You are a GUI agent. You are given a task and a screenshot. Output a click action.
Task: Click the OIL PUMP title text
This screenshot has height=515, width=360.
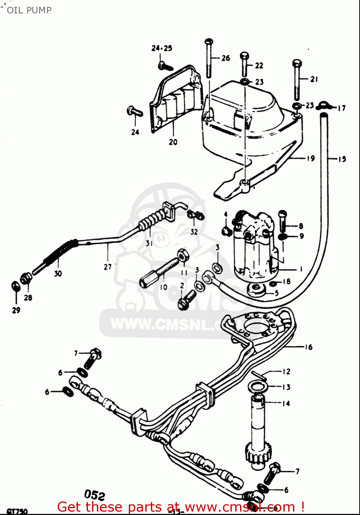pyautogui.click(x=29, y=10)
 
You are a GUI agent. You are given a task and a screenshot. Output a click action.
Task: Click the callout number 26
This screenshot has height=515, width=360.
pyautogui.click(x=226, y=58)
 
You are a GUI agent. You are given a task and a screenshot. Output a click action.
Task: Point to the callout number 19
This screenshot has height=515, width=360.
pyautogui.click(x=311, y=158)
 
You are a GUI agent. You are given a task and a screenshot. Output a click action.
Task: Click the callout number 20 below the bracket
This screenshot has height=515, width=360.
pyautogui.click(x=173, y=142)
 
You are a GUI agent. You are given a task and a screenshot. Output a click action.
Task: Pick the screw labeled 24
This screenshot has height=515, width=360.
pyautogui.click(x=135, y=111)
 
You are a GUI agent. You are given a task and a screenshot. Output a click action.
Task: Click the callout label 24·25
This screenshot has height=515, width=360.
pyautogui.click(x=162, y=48)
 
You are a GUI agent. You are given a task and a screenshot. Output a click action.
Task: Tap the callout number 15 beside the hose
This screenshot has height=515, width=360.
pyautogui.click(x=342, y=159)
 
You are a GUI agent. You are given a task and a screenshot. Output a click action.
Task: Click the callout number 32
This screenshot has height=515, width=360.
pyautogui.click(x=194, y=232)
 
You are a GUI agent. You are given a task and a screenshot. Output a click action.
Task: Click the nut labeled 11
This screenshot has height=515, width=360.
pyautogui.click(x=183, y=255)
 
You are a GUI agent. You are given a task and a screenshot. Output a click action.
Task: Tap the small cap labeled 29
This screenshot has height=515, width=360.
pyautogui.click(x=15, y=286)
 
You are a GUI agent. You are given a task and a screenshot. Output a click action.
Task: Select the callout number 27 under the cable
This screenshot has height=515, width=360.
pyautogui.click(x=108, y=267)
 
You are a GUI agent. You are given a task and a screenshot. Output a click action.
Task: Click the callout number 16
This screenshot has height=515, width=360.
pyautogui.click(x=308, y=347)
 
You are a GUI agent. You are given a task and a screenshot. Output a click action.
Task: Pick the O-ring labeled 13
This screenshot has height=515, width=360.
pyautogui.click(x=257, y=386)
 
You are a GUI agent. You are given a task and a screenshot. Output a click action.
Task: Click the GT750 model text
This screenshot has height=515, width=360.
pyautogui.click(x=17, y=511)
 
